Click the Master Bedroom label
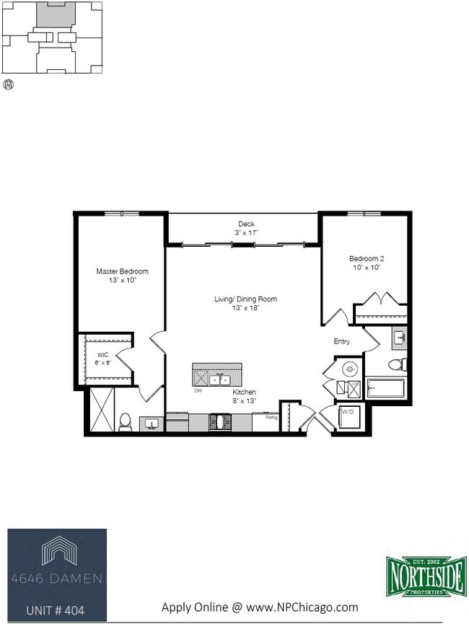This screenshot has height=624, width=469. [x=122, y=271]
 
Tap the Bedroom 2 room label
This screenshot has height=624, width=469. [x=367, y=258]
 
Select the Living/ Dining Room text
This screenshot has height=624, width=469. [x=245, y=299]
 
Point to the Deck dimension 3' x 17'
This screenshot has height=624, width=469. [x=246, y=233]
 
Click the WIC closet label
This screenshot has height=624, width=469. [x=103, y=355]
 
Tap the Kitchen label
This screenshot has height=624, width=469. [x=244, y=392]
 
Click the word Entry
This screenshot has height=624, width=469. [x=341, y=341]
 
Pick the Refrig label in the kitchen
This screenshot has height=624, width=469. [x=271, y=417]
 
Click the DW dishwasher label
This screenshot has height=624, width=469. [x=198, y=390]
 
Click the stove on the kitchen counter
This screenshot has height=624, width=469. [x=219, y=421]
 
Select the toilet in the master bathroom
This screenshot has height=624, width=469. [x=124, y=421]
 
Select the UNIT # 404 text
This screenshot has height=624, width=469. [x=55, y=610]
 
